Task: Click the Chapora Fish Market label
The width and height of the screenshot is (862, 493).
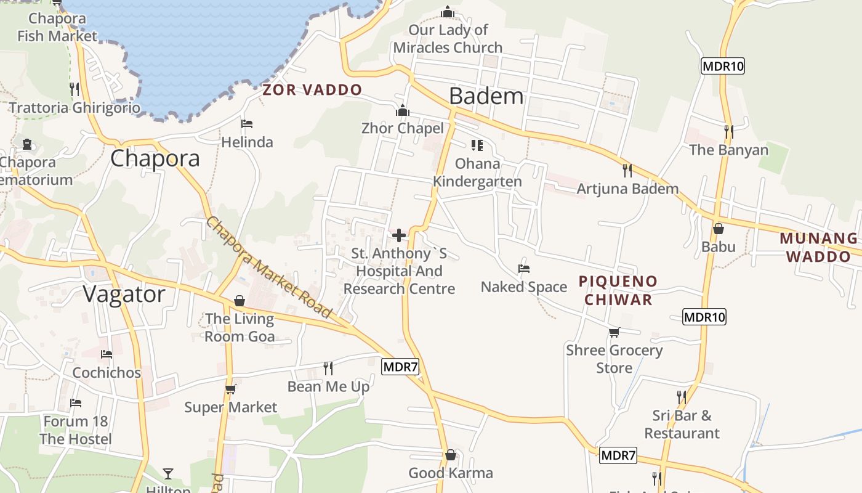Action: pyautogui.click(x=57, y=27)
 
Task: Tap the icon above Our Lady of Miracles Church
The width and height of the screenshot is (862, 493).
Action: pyautogui.click(x=448, y=12)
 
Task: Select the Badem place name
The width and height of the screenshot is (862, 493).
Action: pyautogui.click(x=486, y=96)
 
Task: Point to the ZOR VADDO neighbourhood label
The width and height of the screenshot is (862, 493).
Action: pyautogui.click(x=312, y=90)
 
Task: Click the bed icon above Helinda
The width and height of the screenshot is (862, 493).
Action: pyautogui.click(x=247, y=124)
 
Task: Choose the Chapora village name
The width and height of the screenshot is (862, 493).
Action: pyautogui.click(x=155, y=158)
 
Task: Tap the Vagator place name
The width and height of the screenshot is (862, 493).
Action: pyautogui.click(x=124, y=294)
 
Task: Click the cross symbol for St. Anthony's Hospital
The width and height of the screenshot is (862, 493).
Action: pyautogui.click(x=399, y=235)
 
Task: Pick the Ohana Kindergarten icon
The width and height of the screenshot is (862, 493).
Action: pyautogui.click(x=477, y=145)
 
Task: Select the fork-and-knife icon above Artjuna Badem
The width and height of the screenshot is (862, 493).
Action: pyautogui.click(x=627, y=170)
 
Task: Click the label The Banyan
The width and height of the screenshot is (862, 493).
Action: pyautogui.click(x=729, y=150)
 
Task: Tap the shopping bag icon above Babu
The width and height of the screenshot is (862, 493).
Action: pyautogui.click(x=718, y=229)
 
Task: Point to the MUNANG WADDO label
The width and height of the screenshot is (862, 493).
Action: pyautogui.click(x=818, y=247)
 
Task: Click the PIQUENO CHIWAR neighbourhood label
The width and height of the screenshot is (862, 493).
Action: pyautogui.click(x=618, y=290)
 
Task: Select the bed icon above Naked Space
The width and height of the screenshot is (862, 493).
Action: pyautogui.click(x=524, y=268)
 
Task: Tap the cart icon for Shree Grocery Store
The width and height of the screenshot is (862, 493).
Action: pyautogui.click(x=614, y=332)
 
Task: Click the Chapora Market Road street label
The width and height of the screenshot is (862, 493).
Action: pyautogui.click(x=269, y=267)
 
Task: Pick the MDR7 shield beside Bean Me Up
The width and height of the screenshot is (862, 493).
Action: pyautogui.click(x=400, y=367)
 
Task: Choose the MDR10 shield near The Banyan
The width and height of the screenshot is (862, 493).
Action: pyautogui.click(x=722, y=66)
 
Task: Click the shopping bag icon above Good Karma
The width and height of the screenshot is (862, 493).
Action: pyautogui.click(x=451, y=455)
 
